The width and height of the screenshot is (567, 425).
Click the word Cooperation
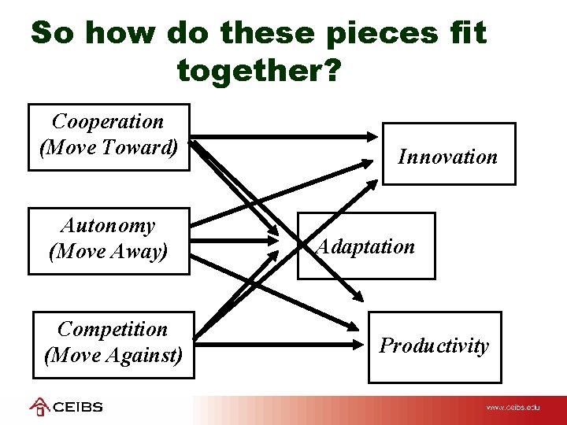(x=108, y=122)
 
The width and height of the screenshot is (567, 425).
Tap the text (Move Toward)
(x=109, y=147)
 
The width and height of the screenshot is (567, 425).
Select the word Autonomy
(x=108, y=226)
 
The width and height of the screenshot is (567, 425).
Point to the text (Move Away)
(x=109, y=252)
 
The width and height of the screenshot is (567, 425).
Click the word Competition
(x=113, y=329)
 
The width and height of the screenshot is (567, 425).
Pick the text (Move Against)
(x=113, y=355)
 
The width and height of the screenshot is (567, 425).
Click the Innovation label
(x=447, y=157)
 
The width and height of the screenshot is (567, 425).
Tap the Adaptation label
(x=365, y=246)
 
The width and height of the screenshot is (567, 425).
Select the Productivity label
(x=434, y=346)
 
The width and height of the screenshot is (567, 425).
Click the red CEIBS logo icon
(x=39, y=407)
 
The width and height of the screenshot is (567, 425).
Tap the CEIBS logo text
(x=78, y=408)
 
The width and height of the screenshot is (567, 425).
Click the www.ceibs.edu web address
(x=513, y=408)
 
